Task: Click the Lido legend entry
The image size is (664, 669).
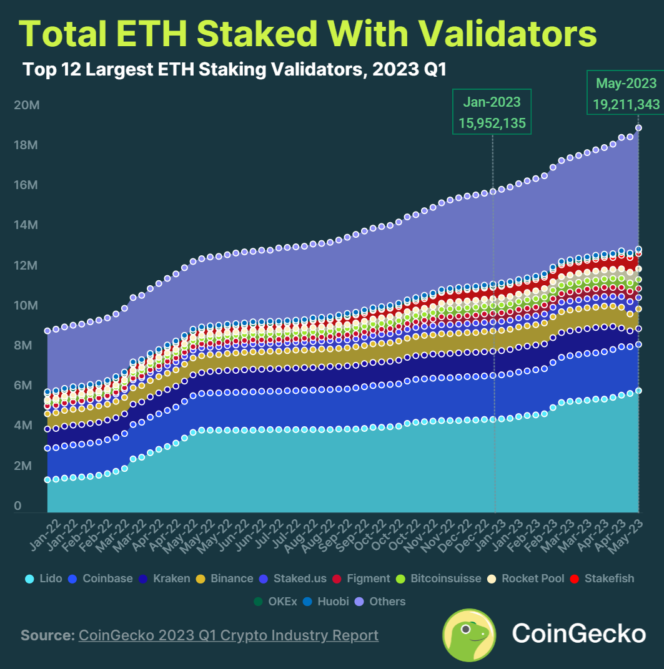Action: [44, 579]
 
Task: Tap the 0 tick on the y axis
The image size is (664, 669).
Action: [18, 506]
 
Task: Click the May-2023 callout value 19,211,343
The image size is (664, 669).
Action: [626, 104]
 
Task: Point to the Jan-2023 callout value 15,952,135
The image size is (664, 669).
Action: [492, 123]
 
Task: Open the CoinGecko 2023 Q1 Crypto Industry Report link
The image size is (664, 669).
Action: [228, 635]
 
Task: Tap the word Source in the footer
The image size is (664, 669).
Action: [46, 635]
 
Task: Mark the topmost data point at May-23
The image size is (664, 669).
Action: [638, 128]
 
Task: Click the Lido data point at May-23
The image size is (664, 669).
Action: [638, 391]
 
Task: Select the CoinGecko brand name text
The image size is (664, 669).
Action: [578, 634]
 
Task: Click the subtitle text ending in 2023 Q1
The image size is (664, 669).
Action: [234, 69]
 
